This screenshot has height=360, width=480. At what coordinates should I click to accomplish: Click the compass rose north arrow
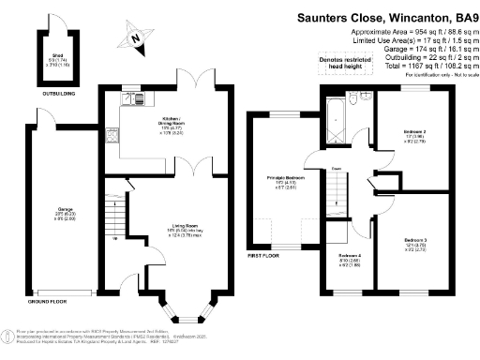(136, 38)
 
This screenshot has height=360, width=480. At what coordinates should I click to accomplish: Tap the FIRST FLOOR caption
(264, 253)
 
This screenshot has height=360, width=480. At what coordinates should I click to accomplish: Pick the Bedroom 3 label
(417, 244)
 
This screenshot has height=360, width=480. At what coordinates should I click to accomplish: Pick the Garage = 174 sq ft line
(417, 49)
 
